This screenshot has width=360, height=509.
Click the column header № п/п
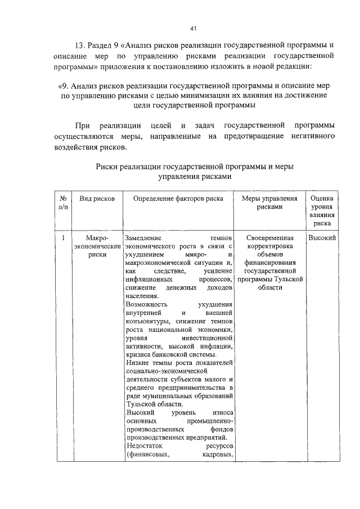[63, 203]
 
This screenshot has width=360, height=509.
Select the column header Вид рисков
[97, 199]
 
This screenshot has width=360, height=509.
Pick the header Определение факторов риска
[178, 199]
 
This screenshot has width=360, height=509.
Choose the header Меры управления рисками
[269, 203]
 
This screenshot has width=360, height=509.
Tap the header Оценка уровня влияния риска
[322, 210]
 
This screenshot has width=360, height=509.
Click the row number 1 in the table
[63, 238]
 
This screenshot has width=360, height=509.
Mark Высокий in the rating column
[322, 238]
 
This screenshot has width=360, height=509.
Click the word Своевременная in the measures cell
[270, 238]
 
